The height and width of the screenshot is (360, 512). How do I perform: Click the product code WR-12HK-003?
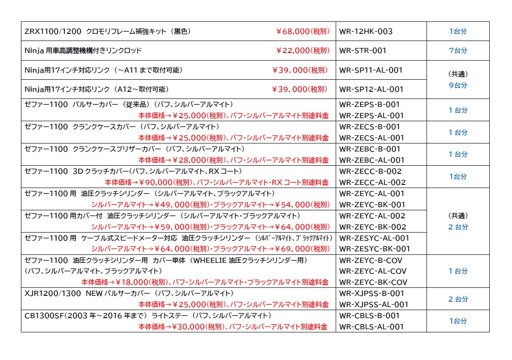pyautogui.click(x=366, y=32)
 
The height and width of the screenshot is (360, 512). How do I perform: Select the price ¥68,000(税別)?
pyautogui.click(x=303, y=32)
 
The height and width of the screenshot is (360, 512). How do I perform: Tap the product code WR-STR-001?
pyautogui.click(x=362, y=51)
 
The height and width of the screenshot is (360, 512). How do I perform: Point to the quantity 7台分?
pyautogui.click(x=458, y=51)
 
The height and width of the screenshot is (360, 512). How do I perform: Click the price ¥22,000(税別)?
pyautogui.click(x=303, y=51)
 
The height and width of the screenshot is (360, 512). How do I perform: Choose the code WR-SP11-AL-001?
pyautogui.click(x=370, y=70)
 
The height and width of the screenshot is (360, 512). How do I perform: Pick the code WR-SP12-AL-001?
pyautogui.click(x=370, y=89)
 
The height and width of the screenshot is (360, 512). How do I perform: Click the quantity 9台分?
pyautogui.click(x=458, y=85)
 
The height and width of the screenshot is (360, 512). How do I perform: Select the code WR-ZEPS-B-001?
pyautogui.click(x=370, y=105)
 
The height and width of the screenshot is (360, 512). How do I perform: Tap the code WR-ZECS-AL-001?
pyautogui.click(x=371, y=138)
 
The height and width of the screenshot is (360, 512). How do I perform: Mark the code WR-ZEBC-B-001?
pyautogui.click(x=370, y=149)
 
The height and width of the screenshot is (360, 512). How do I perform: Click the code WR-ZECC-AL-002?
pyautogui.click(x=372, y=182)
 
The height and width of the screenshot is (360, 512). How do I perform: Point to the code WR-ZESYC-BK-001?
pyautogui.click(x=374, y=249)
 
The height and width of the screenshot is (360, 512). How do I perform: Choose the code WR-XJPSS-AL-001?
pyautogui.click(x=374, y=304)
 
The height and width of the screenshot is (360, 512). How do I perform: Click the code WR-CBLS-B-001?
pyautogui.click(x=370, y=315)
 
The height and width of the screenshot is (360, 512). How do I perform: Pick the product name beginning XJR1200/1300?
pyautogui.click(x=129, y=293)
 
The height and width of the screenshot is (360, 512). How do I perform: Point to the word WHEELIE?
pyautogui.click(x=207, y=260)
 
